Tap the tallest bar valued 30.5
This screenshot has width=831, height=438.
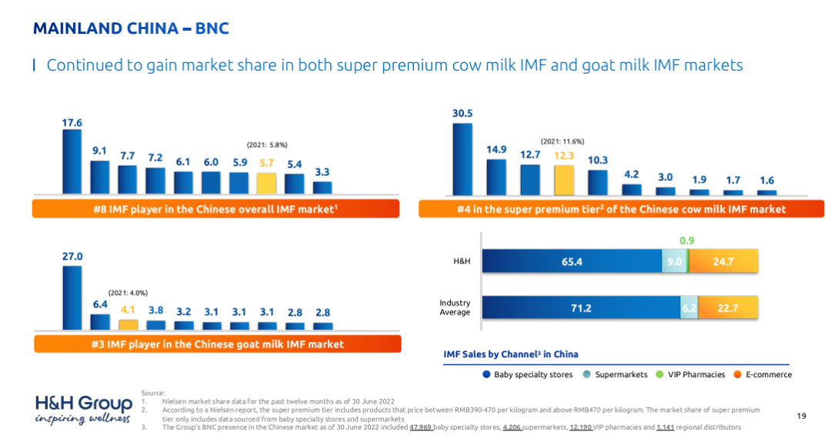462,159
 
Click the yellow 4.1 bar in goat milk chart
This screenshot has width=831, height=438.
128,325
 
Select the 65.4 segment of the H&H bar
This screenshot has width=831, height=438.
572,262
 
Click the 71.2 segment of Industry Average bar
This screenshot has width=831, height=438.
581,308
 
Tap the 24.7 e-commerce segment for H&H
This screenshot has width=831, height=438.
723,262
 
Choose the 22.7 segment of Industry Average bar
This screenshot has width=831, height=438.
728,308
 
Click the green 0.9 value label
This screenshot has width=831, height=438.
687,241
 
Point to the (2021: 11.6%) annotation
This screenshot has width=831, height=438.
562,141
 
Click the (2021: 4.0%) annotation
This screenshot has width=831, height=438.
128,293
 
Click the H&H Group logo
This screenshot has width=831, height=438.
83,410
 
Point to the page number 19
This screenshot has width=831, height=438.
802,416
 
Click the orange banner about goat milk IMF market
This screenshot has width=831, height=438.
218,344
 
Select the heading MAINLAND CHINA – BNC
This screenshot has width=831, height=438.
131,29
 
